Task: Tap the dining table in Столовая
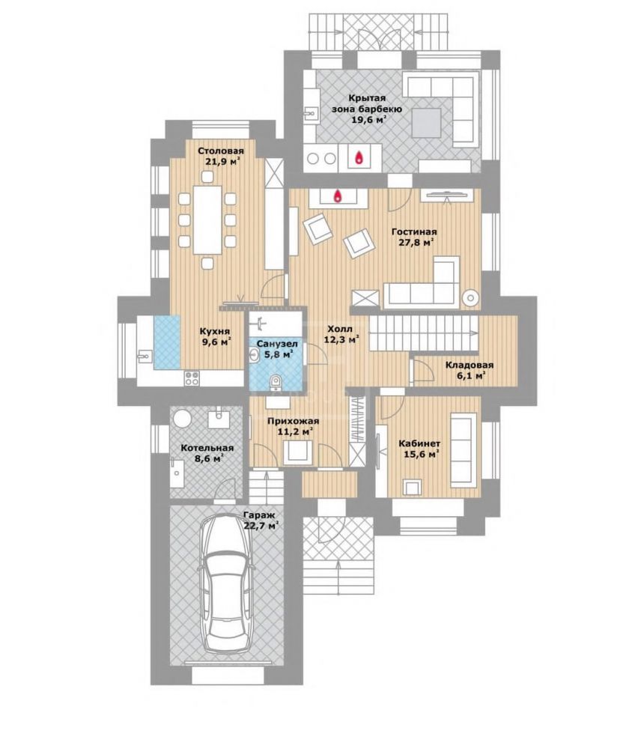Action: pyautogui.click(x=207, y=219)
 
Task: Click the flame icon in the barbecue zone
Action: pyautogui.click(x=358, y=157)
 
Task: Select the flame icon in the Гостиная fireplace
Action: pyautogui.click(x=338, y=195)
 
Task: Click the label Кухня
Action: pyautogui.click(x=215, y=331)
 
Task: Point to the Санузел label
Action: pyautogui.click(x=277, y=344)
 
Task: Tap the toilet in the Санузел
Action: pyautogui.click(x=275, y=383)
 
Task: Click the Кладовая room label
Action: pyautogui.click(x=470, y=366)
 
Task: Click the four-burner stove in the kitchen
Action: pyautogui.click(x=192, y=378)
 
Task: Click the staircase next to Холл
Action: pyautogui.click(x=424, y=334)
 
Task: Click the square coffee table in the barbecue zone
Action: pyautogui.click(x=427, y=124)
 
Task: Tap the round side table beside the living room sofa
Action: pyautogui.click(x=470, y=298)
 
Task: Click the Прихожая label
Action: pyautogui.click(x=293, y=421)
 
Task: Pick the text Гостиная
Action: pyautogui.click(x=414, y=231)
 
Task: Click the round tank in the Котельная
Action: pyautogui.click(x=182, y=419)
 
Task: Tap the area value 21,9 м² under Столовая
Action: pyautogui.click(x=221, y=162)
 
